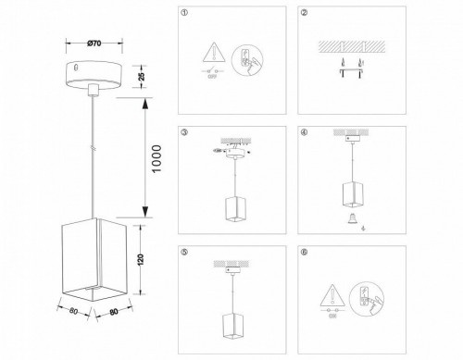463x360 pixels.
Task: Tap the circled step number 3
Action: tap(184, 132)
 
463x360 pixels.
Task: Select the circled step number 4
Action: tap(305, 132)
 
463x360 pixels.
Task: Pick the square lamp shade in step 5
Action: tap(231, 329)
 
